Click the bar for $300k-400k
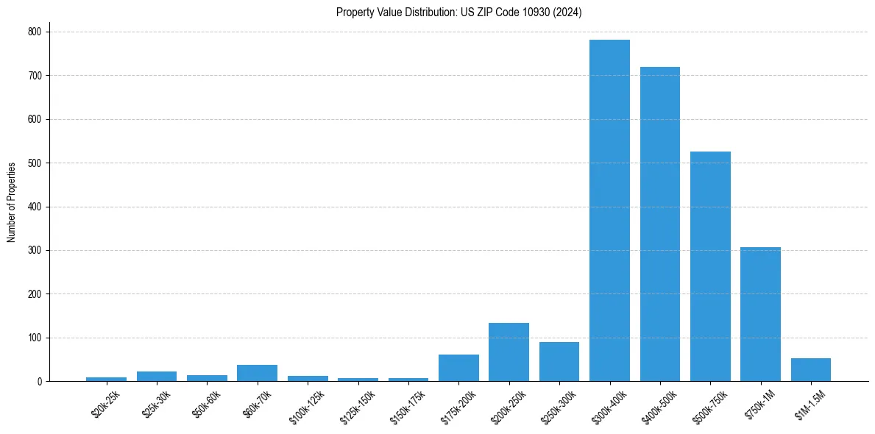[609, 210]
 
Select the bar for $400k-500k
[659, 224]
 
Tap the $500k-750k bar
[710, 266]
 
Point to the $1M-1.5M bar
[810, 370]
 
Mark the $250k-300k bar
[559, 362]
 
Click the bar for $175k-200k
[458, 368]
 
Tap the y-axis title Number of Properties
[12, 202]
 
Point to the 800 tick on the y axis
[35, 32]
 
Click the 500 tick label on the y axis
[35, 163]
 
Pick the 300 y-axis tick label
[35, 250]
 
